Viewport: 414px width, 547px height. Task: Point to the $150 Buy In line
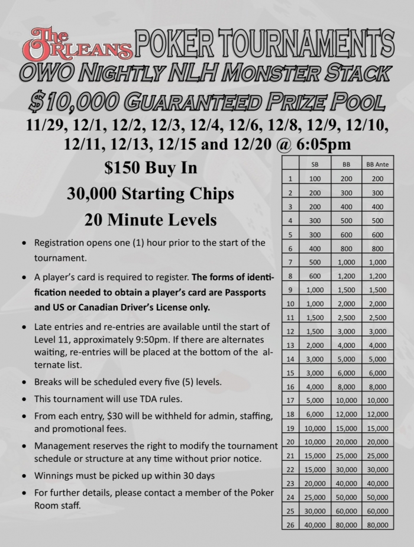(x=150, y=169)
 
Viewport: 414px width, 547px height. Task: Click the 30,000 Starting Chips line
(x=150, y=194)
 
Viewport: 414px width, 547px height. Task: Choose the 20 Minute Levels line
(x=150, y=220)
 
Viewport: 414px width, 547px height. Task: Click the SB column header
(x=315, y=164)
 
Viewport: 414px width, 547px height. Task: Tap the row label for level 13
(x=290, y=345)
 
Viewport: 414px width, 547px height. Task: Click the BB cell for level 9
(x=346, y=290)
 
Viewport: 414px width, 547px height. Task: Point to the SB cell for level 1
(x=315, y=179)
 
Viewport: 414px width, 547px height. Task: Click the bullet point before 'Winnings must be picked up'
(x=22, y=475)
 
